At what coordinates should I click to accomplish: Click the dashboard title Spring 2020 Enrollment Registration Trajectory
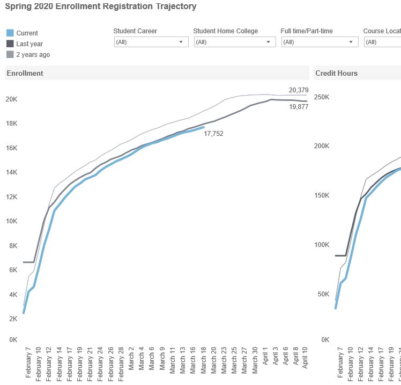pos(101,7)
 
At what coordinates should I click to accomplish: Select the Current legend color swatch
pos(10,33)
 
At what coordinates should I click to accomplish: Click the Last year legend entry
pos(29,44)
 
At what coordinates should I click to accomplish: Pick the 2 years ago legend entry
pos(33,55)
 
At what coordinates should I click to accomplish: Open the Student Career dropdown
pos(151,42)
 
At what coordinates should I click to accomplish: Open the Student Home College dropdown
pos(234,42)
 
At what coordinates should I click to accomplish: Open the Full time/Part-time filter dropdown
pos(320,42)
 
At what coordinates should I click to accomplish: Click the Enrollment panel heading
pos(25,73)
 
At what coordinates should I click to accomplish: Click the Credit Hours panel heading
pos(336,73)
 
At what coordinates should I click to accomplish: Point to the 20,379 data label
pos(299,90)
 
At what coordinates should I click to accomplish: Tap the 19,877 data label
pos(299,107)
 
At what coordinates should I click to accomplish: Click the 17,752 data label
pos(213,134)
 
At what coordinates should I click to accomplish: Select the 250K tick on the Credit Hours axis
pos(322,97)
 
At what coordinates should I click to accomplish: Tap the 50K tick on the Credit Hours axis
pos(323,294)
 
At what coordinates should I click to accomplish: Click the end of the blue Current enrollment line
pos(203,127)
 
